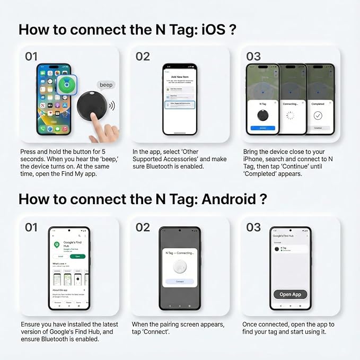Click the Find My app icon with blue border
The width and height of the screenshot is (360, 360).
[66, 85]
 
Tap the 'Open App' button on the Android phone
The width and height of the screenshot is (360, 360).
[290, 294]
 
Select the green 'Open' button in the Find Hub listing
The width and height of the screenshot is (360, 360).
[77, 256]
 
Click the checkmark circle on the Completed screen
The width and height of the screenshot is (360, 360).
[318, 115]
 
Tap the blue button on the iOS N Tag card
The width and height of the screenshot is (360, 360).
[262, 128]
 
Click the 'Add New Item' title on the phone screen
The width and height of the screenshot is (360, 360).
[179, 76]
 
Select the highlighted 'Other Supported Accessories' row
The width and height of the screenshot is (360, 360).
[179, 105]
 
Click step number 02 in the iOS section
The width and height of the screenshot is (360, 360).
[143, 56]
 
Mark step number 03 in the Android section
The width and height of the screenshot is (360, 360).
[253, 227]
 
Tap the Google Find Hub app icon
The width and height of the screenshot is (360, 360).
[57, 245]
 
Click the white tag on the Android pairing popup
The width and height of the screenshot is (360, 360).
[180, 268]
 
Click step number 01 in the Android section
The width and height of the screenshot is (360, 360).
[31, 227]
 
